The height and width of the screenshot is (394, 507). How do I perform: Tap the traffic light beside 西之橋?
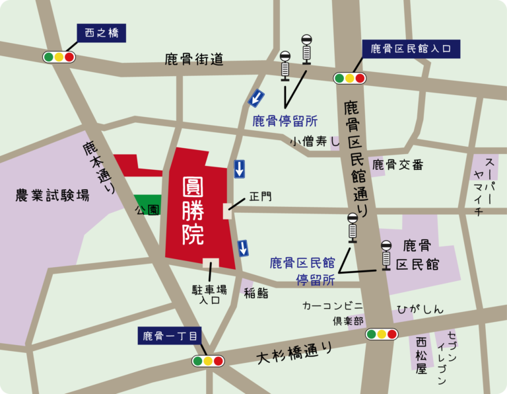(59, 57)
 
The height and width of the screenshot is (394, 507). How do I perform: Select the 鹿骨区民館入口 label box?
(411, 48)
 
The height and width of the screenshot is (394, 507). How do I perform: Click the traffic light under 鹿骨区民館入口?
(350, 78)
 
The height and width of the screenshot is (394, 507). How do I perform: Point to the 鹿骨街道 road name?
(195, 60)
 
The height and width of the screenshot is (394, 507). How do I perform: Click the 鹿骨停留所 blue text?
(285, 121)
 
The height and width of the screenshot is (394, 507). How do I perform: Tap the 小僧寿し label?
(314, 141)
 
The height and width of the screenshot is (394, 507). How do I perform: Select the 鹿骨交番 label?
(397, 165)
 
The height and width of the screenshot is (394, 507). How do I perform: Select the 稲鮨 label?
(255, 294)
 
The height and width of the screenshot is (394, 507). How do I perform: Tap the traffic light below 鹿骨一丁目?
(208, 361)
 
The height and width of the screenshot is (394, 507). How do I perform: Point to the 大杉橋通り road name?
(294, 353)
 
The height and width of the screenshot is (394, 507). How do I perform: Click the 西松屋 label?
(421, 355)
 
